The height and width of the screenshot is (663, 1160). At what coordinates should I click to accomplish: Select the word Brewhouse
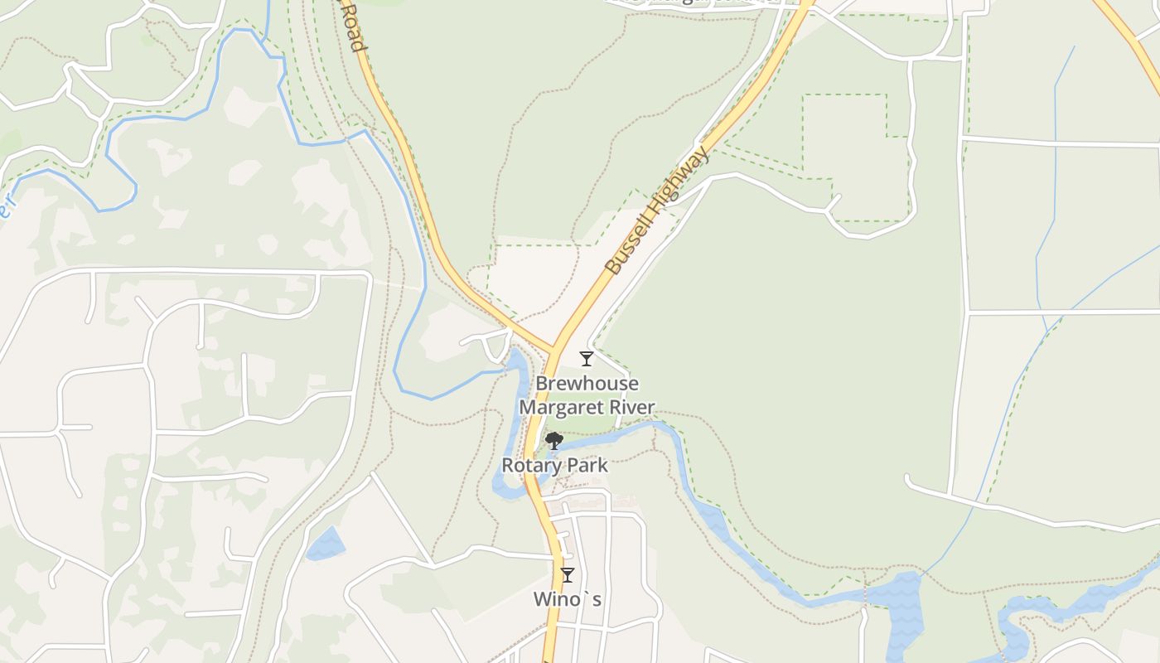[587, 384]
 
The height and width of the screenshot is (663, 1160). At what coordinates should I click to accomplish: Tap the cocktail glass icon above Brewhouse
[587, 359]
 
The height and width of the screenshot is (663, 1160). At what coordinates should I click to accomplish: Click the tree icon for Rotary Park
[553, 441]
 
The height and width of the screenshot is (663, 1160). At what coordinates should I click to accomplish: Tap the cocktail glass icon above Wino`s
[568, 574]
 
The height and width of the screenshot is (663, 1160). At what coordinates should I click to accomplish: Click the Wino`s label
[568, 598]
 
